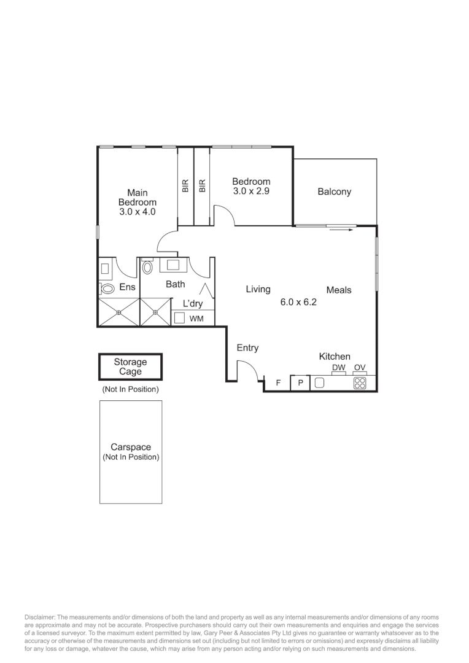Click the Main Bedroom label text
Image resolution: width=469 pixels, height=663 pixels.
click(137, 198)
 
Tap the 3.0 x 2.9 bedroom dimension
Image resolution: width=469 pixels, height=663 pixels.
click(251, 191)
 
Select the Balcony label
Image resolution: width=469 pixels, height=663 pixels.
click(334, 192)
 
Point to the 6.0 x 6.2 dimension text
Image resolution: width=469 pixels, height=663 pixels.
click(298, 302)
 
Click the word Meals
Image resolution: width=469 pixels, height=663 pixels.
click(338, 290)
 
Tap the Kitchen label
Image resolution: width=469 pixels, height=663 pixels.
click(335, 356)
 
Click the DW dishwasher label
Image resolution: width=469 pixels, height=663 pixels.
click(338, 368)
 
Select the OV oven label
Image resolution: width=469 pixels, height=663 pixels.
click(360, 368)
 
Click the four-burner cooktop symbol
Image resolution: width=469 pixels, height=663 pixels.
click(360, 383)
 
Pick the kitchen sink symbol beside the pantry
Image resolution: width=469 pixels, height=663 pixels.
click(319, 382)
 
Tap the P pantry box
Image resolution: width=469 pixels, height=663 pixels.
click(300, 382)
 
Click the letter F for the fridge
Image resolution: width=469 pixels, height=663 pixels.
click(278, 382)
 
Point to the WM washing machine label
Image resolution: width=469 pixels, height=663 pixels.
click(196, 319)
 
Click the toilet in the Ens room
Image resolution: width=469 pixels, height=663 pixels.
click(107, 287)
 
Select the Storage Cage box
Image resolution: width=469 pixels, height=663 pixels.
click(130, 367)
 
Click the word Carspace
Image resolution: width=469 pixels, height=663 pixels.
click(130, 448)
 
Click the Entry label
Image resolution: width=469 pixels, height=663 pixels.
click(247, 348)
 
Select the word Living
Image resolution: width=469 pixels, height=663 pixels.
click(258, 289)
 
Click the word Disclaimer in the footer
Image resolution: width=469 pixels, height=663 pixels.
click(41, 617)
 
